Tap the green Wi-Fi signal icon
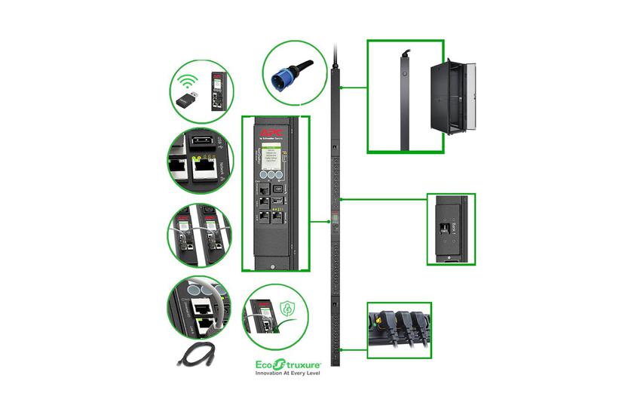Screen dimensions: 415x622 pos(188,81)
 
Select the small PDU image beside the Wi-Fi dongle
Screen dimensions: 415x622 pos(219,91)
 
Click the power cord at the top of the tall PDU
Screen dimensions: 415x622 pos(336,57)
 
